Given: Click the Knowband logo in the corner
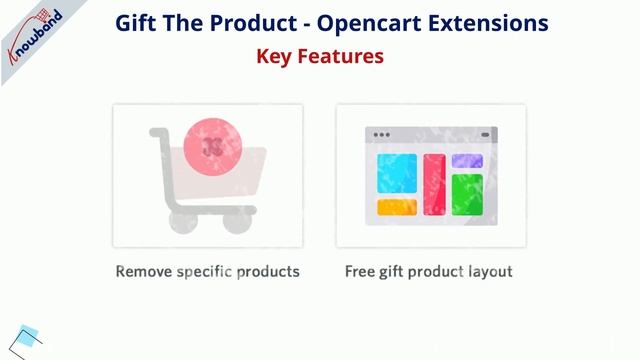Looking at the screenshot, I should (36, 36).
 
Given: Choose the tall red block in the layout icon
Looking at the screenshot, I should (433, 184).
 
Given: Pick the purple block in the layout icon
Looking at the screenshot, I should (467, 161).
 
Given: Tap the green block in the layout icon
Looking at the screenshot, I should (467, 194).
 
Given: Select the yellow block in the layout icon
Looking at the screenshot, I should (396, 207).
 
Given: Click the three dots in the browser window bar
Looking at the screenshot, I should (382, 134).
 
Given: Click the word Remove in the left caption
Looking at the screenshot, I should (143, 271).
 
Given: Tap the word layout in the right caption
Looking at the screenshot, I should (487, 272).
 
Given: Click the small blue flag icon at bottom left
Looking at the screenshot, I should (29, 337).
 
